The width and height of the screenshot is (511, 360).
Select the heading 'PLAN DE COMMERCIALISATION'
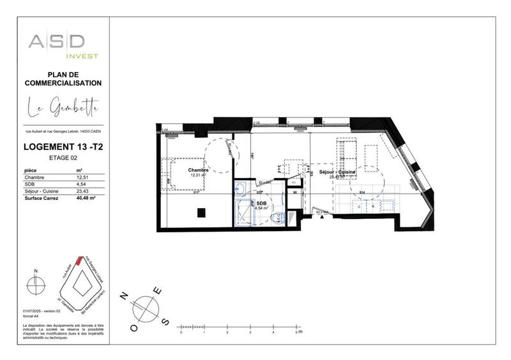(x=63, y=79)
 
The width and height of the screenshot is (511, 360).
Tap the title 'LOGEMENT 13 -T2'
(x=63, y=147)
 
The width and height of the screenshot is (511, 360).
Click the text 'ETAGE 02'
(x=63, y=157)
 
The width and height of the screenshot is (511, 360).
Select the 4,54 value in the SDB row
(x=80, y=184)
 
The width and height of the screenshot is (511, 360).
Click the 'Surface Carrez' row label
(x=41, y=199)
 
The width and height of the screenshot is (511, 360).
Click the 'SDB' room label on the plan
(x=261, y=202)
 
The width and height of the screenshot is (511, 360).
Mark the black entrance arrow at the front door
(x=322, y=217)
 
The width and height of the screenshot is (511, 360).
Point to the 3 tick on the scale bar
(x=250, y=333)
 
